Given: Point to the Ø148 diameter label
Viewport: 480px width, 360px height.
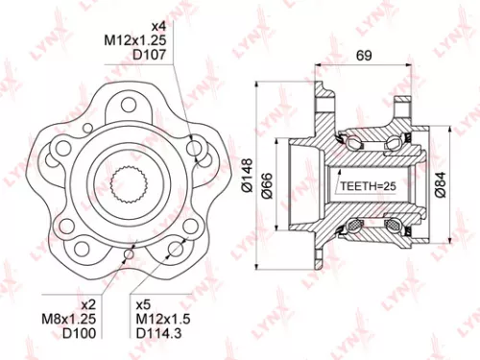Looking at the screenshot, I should pyautogui.click(x=258, y=178).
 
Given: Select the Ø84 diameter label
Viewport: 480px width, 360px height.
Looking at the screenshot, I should pyautogui.click(x=439, y=179).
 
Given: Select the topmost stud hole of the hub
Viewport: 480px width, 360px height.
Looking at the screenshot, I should pyautogui.click(x=127, y=105).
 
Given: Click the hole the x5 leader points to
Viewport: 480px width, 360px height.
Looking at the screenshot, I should pyautogui.click(x=174, y=249).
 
